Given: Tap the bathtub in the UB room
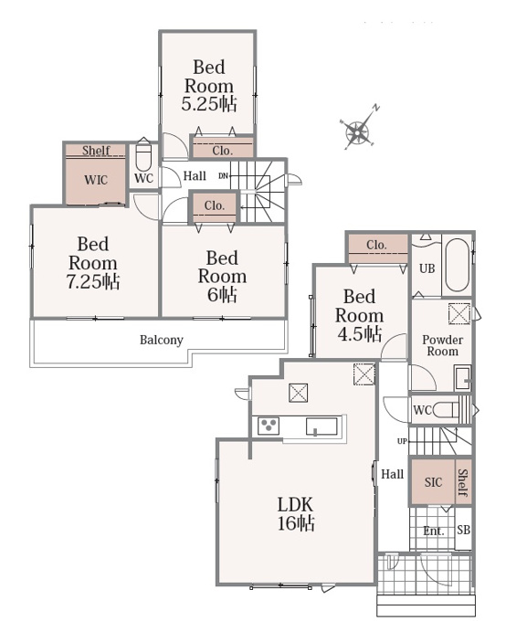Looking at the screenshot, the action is coord(458,265).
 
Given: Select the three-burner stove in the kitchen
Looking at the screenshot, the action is coord(269,426).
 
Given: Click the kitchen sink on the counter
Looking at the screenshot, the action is coord(322,426).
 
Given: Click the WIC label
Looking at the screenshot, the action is coord(96,180).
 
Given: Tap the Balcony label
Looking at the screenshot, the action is coord(162,340).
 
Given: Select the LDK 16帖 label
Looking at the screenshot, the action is coord(296,514).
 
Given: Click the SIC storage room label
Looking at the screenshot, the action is coord(433,482).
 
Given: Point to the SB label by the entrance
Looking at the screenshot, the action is coord(464,530).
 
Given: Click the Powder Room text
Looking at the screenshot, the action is coord(442,345).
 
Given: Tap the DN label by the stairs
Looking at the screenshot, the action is coord(224,175).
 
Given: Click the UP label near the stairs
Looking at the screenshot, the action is coord(402,441).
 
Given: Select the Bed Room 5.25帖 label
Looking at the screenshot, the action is coord(209,85).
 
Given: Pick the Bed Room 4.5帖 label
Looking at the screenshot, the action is coord(359,315).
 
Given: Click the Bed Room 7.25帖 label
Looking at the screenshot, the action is coord(93,263).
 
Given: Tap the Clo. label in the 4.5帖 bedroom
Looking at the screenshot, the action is coord(376,245).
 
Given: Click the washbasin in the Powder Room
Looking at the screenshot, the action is coord(463,378).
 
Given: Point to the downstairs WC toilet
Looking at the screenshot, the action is coord(446,410).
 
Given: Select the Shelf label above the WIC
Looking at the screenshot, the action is coord(96,151).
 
